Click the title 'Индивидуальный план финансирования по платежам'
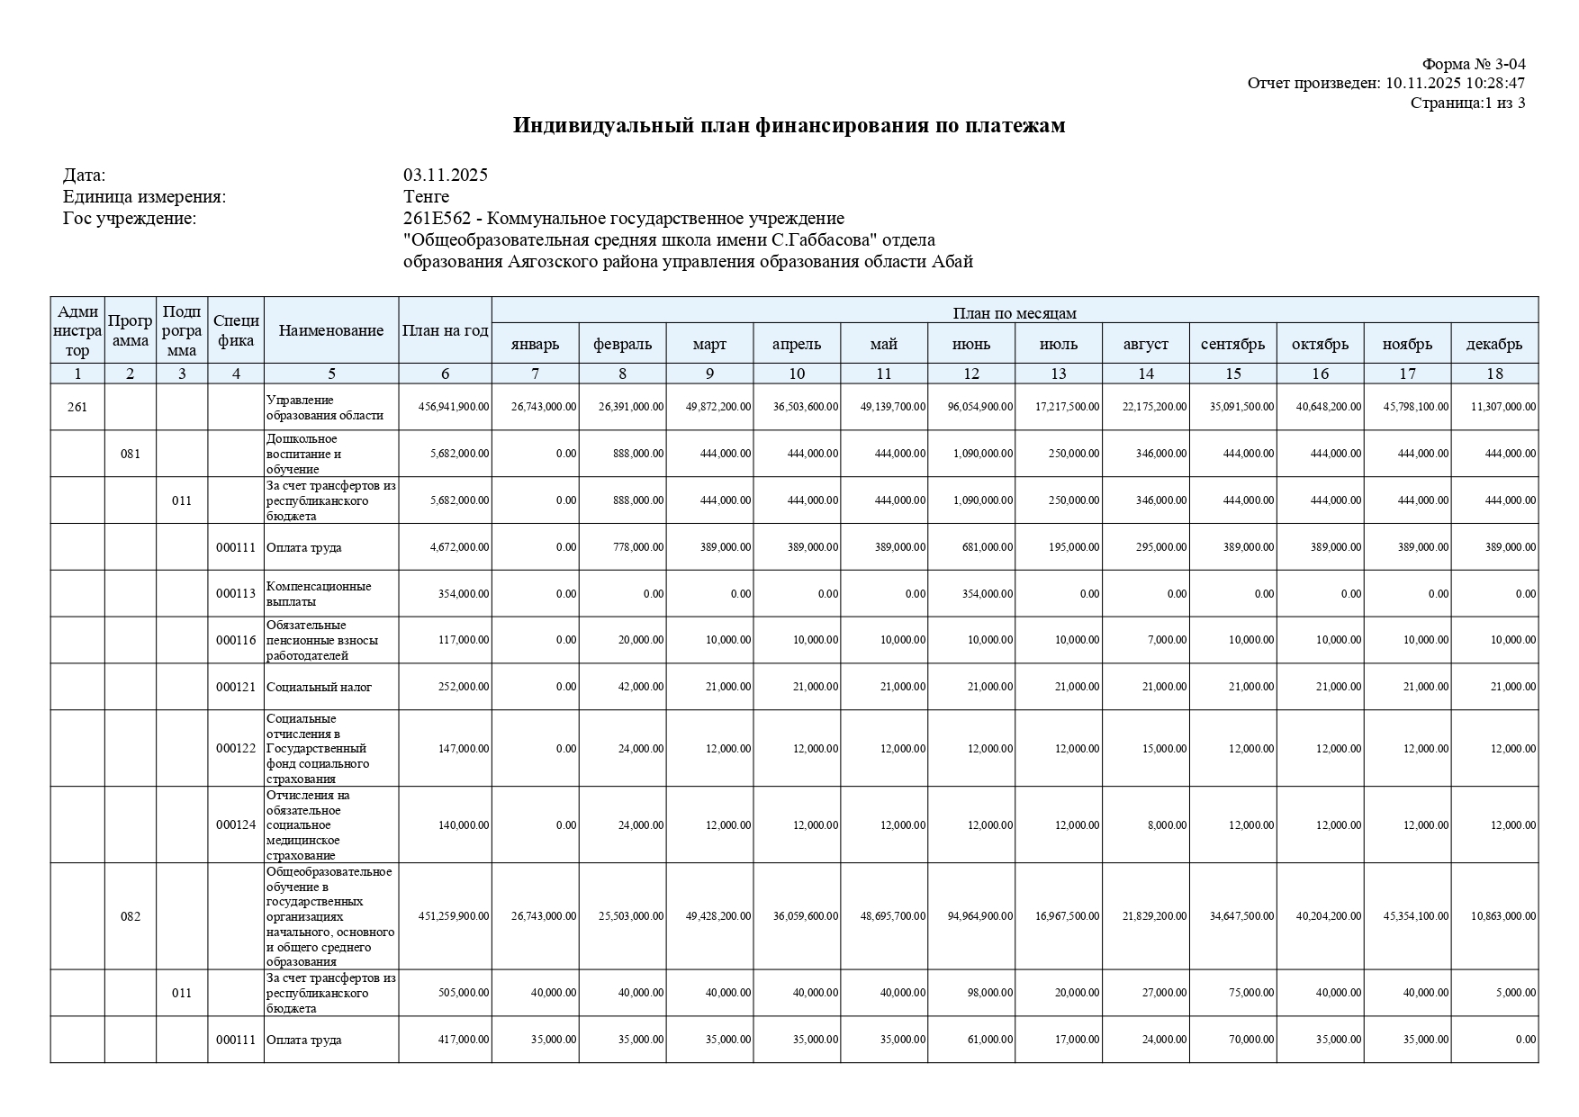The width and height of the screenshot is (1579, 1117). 789,126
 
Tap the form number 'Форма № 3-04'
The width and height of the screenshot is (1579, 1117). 1473,64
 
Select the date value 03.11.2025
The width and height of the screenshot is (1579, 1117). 445,175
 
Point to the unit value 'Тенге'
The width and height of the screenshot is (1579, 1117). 426,196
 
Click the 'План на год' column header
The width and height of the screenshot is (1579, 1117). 445,330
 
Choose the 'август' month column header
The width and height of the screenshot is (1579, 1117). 1145,344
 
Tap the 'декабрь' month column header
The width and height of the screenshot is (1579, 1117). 1493,344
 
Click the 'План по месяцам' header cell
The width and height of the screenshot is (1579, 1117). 1014,312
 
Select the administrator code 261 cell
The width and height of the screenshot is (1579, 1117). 77,407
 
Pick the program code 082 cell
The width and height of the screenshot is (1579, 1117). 131,916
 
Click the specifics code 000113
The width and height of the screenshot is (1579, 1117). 236,594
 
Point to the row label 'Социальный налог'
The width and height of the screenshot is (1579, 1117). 319,688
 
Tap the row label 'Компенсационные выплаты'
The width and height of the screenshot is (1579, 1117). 319,594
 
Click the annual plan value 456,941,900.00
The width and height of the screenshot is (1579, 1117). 454,407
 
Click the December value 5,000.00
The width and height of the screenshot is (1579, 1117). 1518,993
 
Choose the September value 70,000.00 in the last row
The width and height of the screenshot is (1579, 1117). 1250,1040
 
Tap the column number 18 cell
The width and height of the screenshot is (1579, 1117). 1493,374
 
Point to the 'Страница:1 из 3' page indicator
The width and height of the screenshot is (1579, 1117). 1467,103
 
